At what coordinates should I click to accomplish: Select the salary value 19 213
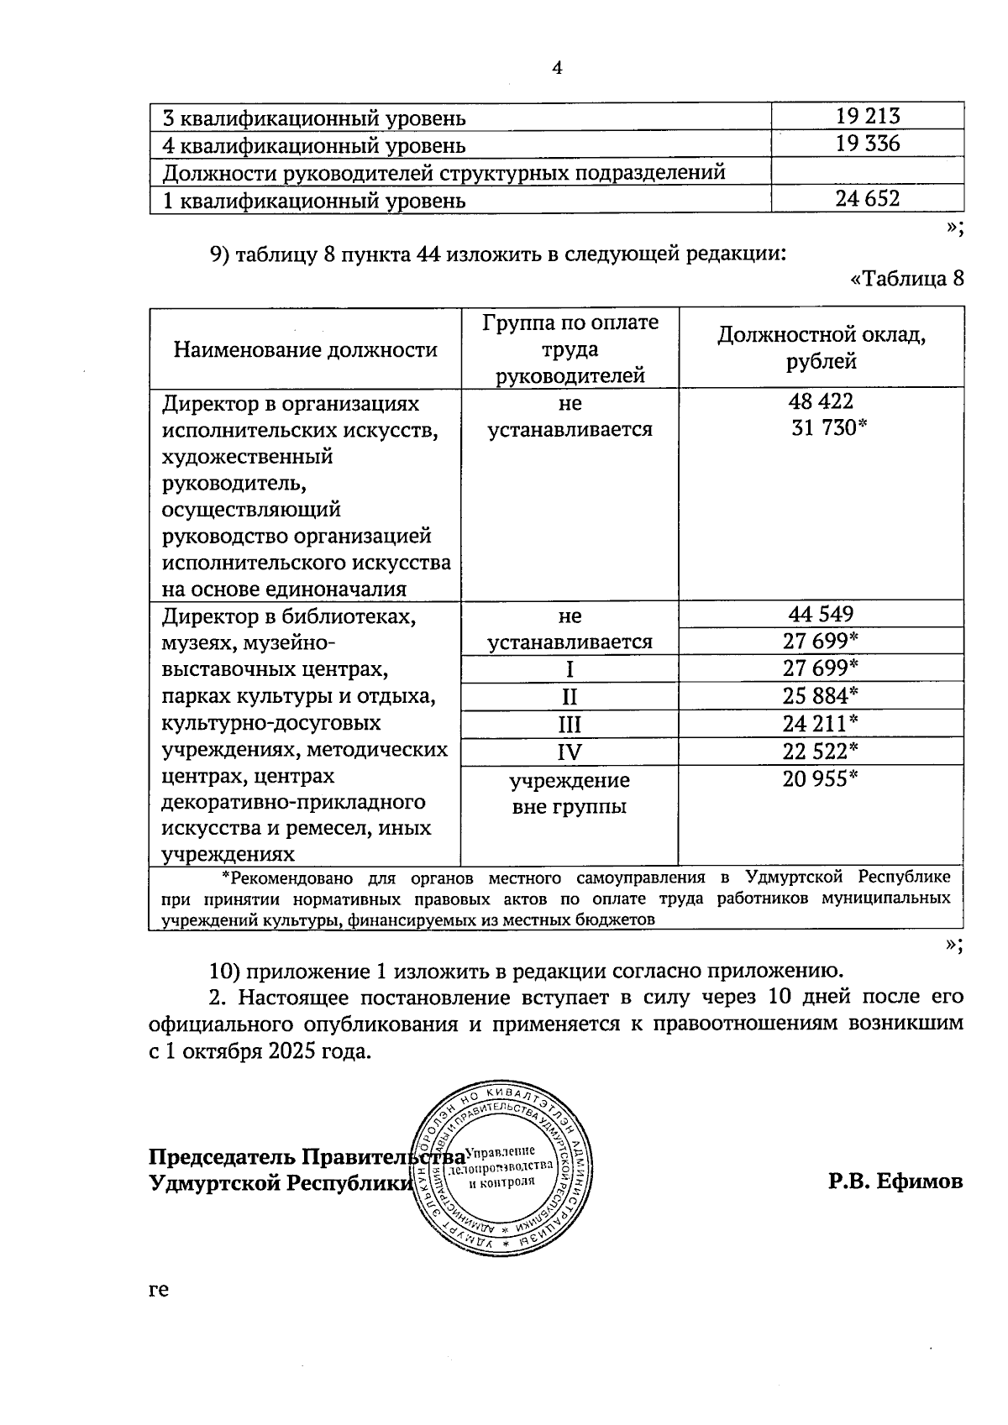868,116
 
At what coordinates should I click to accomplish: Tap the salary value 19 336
868,144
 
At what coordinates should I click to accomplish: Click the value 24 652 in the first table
868,199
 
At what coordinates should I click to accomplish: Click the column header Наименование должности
306,349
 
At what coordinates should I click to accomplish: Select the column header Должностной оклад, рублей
821,348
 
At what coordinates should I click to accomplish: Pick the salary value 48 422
821,402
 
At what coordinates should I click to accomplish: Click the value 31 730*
828,428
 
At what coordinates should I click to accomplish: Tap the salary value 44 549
821,614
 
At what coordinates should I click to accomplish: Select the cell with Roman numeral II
570,697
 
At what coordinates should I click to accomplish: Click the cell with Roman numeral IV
570,752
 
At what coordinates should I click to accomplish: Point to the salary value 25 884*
821,695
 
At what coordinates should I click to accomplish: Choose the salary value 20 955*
821,779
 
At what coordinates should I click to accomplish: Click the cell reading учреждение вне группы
570,794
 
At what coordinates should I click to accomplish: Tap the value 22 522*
821,751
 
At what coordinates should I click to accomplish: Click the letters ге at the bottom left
159,1290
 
